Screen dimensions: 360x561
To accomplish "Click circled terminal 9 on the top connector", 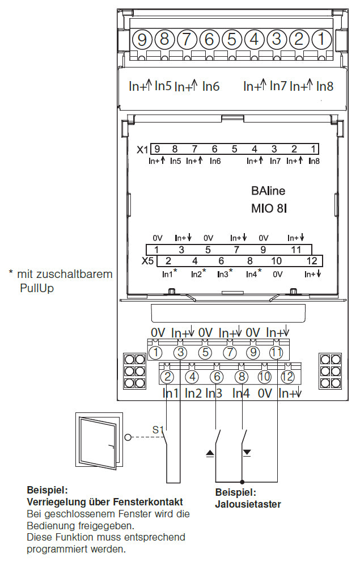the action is (x=142, y=39).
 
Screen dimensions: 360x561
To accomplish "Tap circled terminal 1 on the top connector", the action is (x=321, y=39).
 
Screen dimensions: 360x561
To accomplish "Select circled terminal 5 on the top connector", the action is (x=232, y=39).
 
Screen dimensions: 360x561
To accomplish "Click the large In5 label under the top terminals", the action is (x=163, y=86).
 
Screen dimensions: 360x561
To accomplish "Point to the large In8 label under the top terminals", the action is (x=325, y=86).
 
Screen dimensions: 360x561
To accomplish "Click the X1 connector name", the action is (x=142, y=150).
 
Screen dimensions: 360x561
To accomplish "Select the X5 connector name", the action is (x=147, y=261).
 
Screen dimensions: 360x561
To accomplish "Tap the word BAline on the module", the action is (x=268, y=191).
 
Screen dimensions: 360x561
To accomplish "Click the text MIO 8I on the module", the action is (x=269, y=208).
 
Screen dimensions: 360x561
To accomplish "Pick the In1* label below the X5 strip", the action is (x=170, y=274).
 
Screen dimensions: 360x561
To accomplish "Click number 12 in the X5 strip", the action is (x=312, y=261).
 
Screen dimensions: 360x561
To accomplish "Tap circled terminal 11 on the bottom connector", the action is (x=276, y=353).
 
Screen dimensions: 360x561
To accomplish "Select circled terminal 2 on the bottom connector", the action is (x=167, y=377).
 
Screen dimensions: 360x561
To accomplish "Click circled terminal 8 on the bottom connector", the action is (x=242, y=377).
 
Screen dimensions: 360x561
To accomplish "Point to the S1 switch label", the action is (x=158, y=430).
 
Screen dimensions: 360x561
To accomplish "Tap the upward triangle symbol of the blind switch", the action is (x=210, y=453).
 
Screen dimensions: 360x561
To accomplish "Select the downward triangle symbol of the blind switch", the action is (x=247, y=453).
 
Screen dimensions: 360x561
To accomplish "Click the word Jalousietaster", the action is (x=248, y=504).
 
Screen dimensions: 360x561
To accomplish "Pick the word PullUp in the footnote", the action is (x=37, y=288).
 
